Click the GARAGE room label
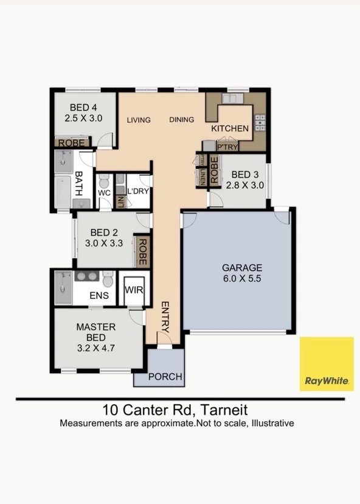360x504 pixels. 242,268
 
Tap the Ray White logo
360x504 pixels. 327,364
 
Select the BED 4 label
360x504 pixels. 83,107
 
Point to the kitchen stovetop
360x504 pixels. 260,123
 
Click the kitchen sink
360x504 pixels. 233,99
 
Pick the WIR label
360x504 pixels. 134,290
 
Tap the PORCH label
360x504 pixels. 165,377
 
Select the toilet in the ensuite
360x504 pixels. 108,279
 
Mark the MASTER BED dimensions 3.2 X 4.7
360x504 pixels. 95,348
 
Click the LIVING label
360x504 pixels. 139,120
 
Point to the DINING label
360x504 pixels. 182,119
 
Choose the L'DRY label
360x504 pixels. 138,191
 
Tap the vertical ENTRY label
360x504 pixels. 165,317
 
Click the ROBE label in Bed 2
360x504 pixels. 142,251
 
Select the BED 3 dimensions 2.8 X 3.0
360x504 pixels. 245,185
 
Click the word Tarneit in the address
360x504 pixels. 224,410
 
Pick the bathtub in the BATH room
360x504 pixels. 63,192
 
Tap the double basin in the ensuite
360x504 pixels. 87,276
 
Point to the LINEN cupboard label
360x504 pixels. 202,177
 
